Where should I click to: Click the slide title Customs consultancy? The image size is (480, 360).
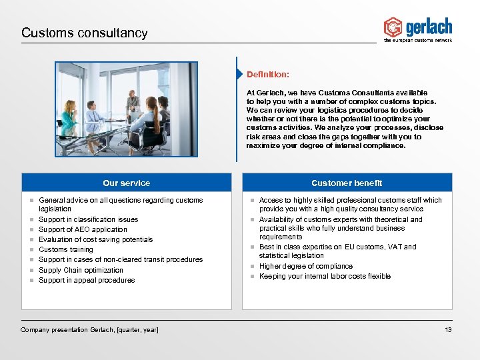pos(84,33)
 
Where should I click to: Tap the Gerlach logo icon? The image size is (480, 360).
pos(393,27)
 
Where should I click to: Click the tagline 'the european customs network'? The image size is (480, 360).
pos(418,41)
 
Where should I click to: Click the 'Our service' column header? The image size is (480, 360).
pos(127,183)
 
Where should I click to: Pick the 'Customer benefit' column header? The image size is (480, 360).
pos(347,183)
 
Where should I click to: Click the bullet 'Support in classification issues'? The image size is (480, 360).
pos(89,219)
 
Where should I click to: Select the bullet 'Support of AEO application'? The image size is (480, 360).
pos(83,229)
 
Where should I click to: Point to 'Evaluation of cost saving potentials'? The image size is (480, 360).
pos(96,239)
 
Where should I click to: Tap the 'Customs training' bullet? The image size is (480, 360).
pos(66,250)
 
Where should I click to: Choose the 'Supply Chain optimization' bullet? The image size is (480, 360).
pos(81,270)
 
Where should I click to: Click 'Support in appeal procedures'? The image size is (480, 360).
pos(87,280)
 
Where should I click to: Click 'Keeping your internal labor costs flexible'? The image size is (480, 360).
pos(325,276)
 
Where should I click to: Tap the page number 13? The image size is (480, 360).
pos(448,330)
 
